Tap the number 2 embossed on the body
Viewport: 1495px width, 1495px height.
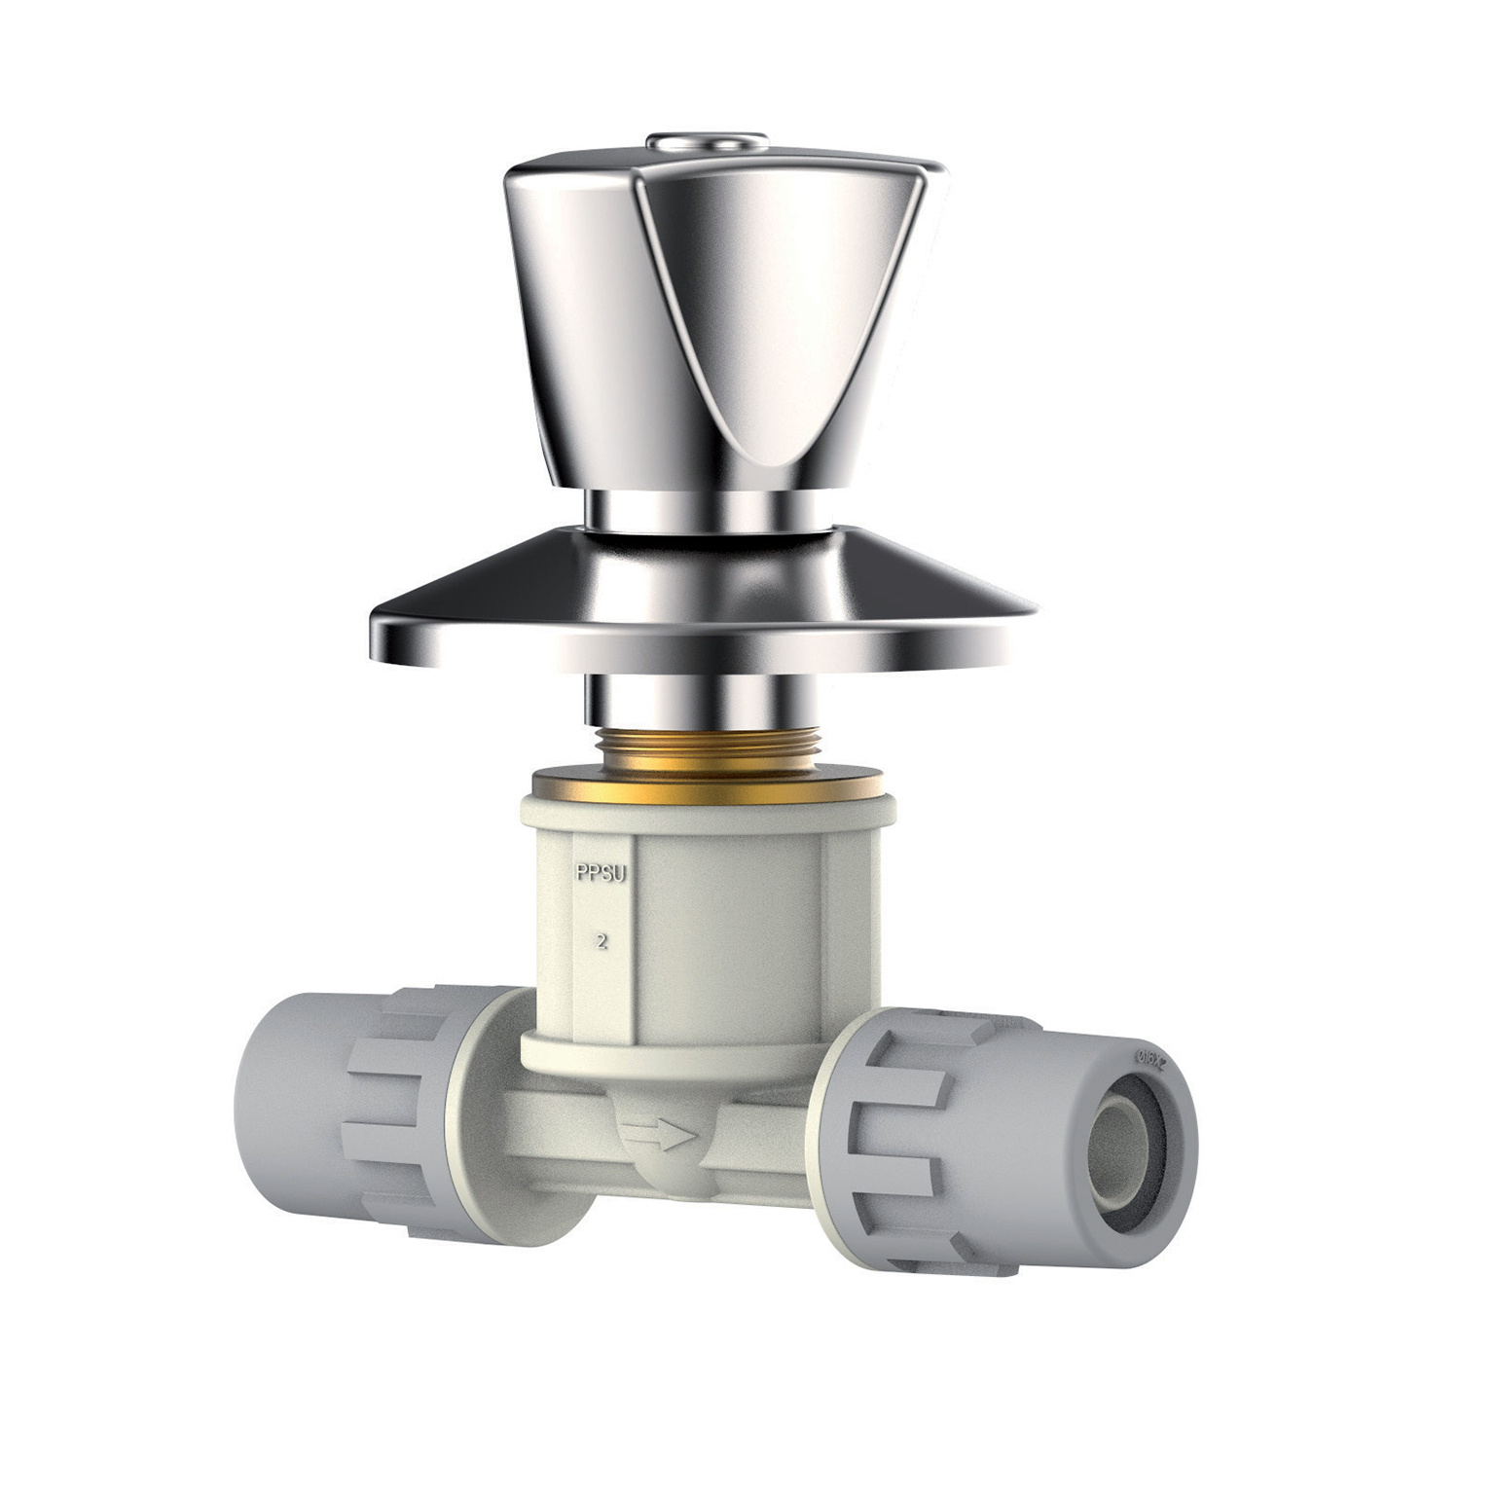click(602, 941)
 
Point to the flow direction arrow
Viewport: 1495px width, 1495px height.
click(661, 1133)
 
